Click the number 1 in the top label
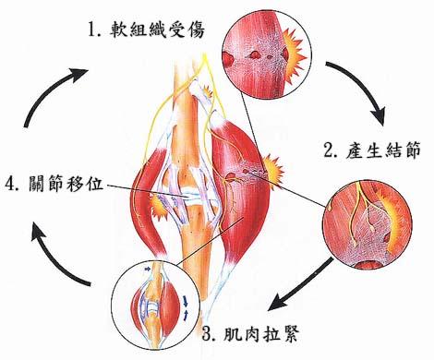pos(94,30)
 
